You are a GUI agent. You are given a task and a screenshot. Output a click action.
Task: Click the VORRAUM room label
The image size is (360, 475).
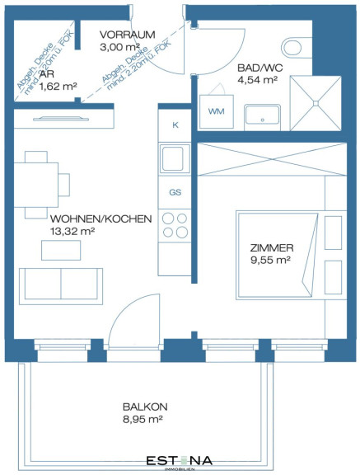point(128,35)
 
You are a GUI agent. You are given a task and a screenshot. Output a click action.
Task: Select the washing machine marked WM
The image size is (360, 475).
point(217,111)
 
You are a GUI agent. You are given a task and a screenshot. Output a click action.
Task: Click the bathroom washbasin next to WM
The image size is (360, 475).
point(262,115)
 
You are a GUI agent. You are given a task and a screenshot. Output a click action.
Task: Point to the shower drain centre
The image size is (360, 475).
point(316,103)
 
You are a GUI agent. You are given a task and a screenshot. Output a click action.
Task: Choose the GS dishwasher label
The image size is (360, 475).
point(175,192)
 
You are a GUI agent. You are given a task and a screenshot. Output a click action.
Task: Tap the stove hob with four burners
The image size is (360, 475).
point(175,225)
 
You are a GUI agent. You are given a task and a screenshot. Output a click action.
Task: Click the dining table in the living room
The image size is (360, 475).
point(36,185)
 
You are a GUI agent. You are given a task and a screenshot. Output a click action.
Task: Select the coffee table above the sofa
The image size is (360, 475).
point(61,250)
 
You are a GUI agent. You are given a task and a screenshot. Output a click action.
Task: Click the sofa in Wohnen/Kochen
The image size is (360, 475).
point(61,286)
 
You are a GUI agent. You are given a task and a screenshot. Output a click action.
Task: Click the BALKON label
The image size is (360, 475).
point(145,407)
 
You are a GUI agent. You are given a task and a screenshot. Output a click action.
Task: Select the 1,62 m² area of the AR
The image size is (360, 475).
point(58,87)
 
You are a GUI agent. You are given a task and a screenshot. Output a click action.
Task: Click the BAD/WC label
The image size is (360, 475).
point(260,68)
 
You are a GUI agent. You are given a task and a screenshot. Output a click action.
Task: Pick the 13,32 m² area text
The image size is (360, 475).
point(72,231)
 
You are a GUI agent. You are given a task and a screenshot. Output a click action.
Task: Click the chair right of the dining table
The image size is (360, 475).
point(64,185)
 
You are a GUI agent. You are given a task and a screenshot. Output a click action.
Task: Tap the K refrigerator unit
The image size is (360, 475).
point(175,125)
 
